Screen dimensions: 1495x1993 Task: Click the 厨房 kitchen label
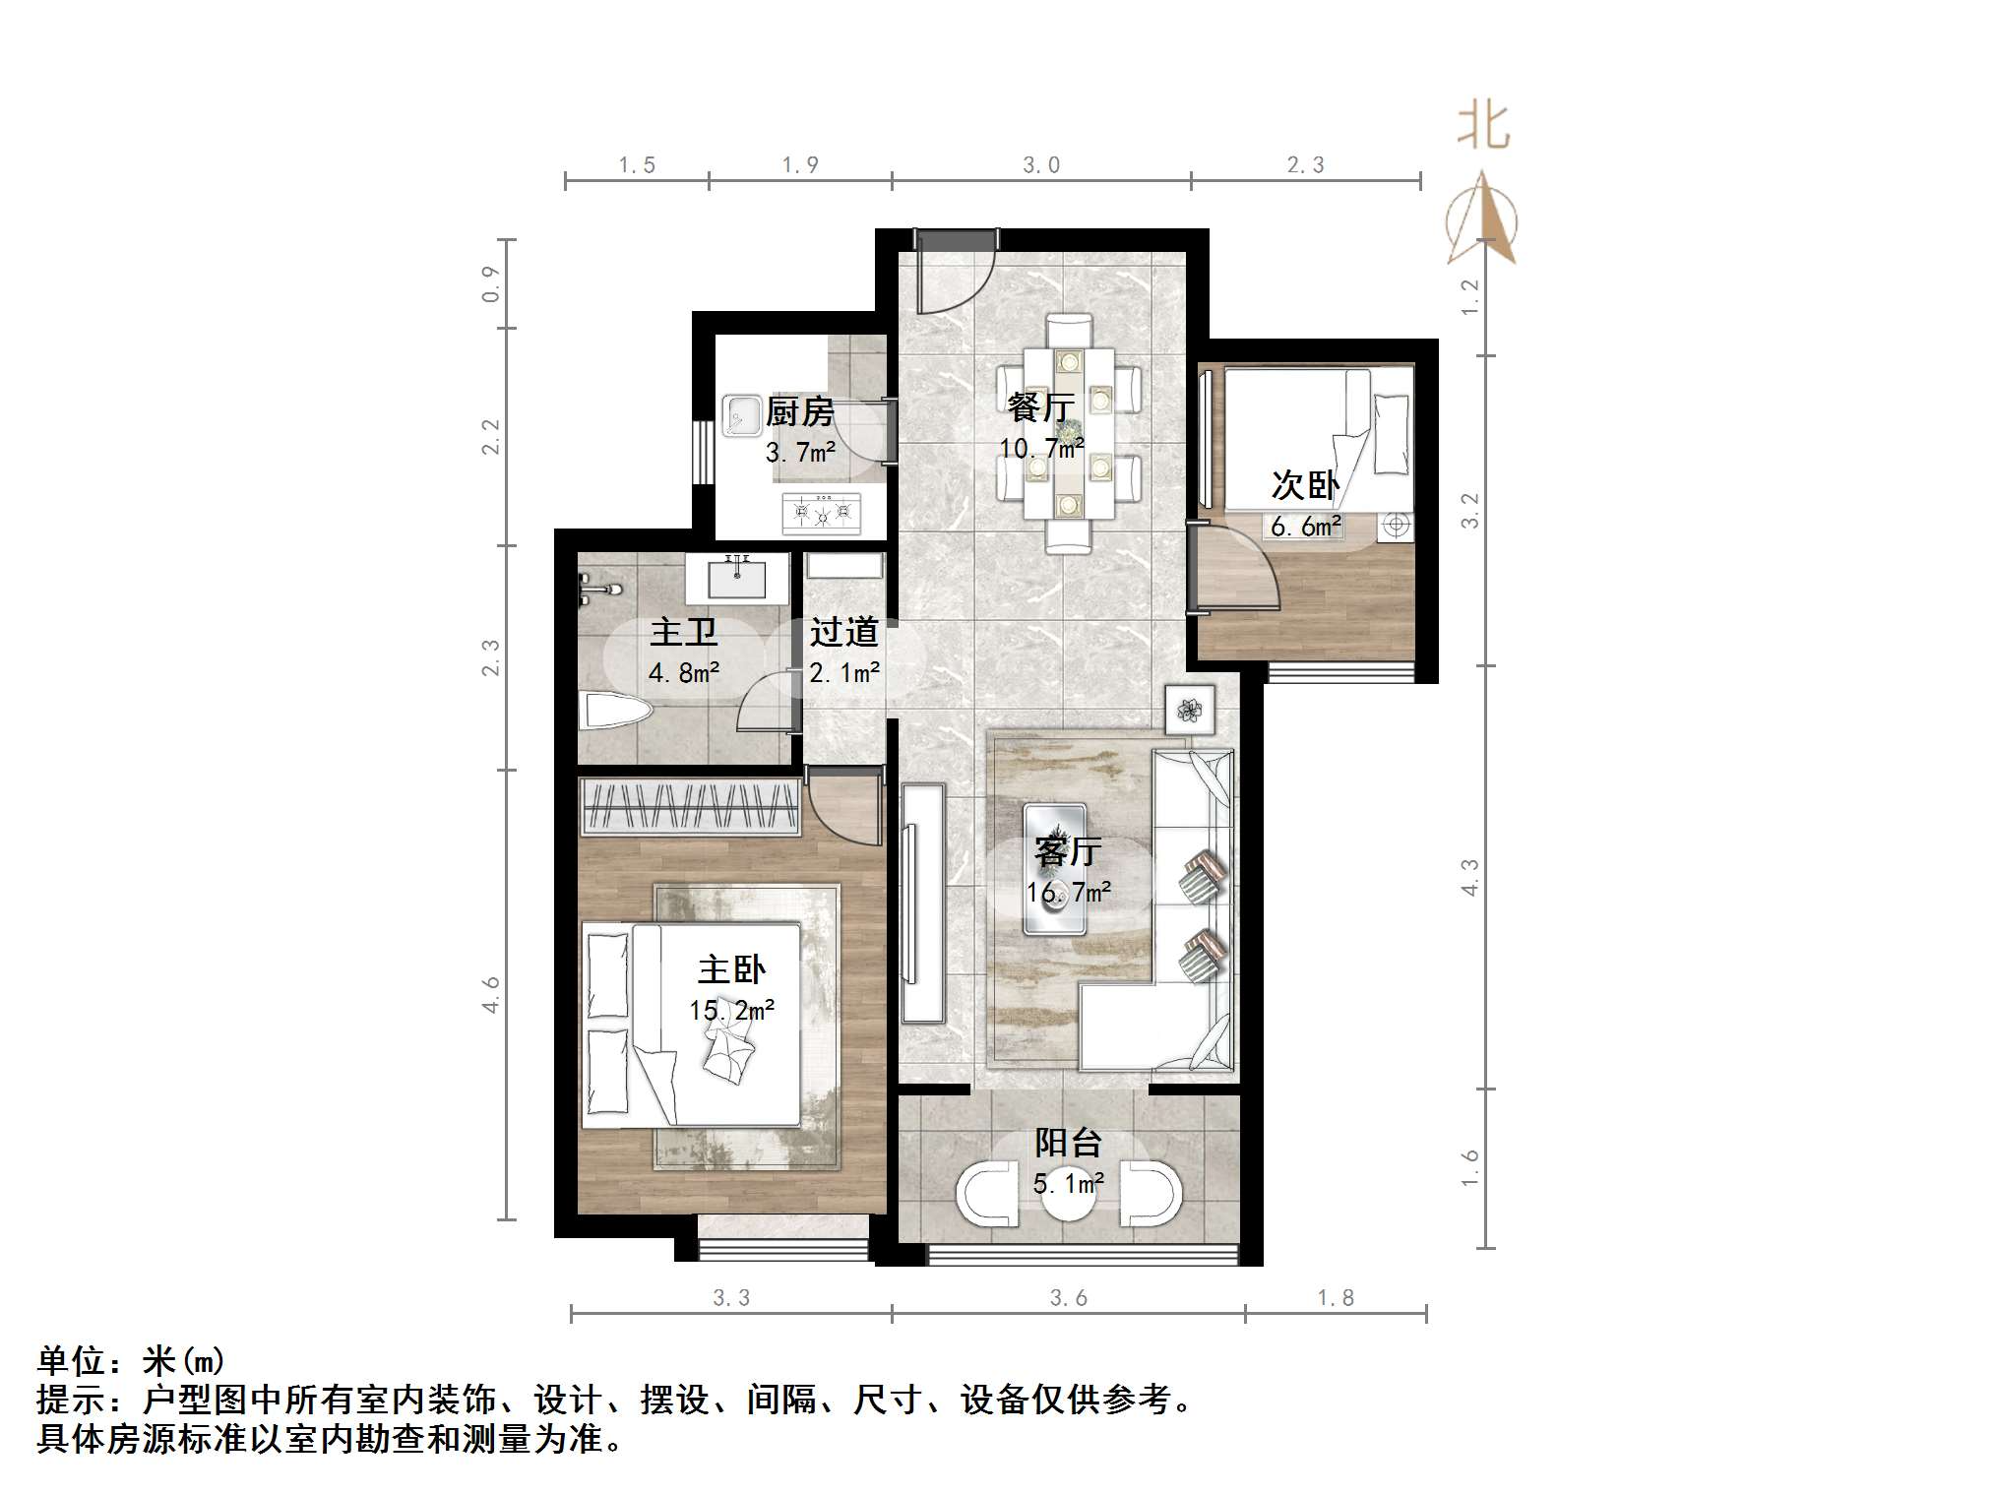coord(799,411)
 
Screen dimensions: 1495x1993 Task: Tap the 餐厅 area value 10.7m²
coord(1041,449)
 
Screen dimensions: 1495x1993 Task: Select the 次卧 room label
coord(1305,484)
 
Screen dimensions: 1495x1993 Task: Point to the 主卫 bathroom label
coord(683,632)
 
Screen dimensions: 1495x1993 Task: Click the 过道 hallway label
coord(843,632)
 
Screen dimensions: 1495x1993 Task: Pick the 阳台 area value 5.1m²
coord(1068,1183)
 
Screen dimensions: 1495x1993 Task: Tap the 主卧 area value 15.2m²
coord(731,1010)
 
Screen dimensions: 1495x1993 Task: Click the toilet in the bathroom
coord(616,712)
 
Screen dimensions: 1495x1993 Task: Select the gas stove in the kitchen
coord(821,513)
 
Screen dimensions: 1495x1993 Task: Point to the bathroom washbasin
coord(736,578)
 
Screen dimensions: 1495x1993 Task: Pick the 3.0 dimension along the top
coord(1040,164)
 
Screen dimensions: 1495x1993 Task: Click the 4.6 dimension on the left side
coord(491,994)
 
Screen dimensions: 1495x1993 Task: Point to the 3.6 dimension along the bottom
coord(1068,1298)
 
